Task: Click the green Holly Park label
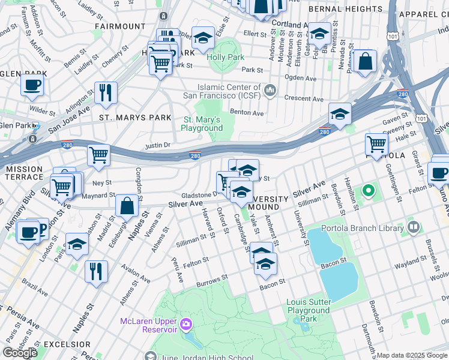point(225,58)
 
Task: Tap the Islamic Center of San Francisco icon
point(270,91)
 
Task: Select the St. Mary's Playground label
point(202,124)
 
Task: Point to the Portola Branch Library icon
point(412,227)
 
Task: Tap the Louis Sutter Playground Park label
point(308,310)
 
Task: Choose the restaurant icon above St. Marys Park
point(106,92)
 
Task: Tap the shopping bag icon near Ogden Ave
point(364,61)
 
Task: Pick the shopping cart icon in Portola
point(376,144)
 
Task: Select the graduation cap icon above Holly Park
point(203,38)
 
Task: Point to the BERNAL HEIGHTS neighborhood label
point(345,10)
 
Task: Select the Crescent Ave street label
point(304,99)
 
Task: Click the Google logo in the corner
point(20,353)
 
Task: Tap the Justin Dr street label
point(158,145)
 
